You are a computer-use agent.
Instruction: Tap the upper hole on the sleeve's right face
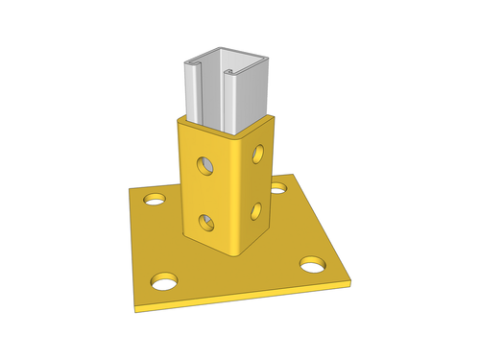256,152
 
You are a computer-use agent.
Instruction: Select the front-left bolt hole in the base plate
164,282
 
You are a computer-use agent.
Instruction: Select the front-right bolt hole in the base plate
312,262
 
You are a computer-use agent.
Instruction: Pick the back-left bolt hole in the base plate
154,200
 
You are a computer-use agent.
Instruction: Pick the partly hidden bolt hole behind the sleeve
278,187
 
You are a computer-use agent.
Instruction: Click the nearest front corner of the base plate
136,309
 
